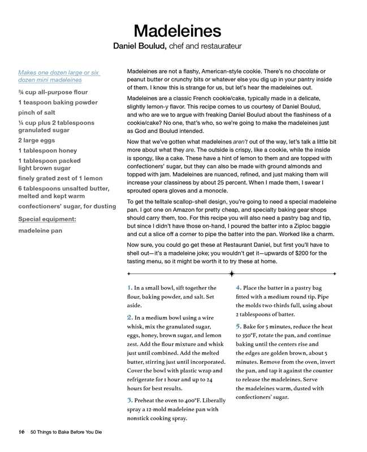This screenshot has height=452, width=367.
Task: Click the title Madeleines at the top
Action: (x=177, y=29)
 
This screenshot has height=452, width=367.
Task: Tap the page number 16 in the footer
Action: (x=21, y=432)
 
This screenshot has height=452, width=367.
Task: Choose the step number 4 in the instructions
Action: (x=239, y=288)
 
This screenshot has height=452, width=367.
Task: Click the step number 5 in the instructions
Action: (x=239, y=326)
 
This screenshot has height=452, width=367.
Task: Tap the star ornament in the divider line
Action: (x=231, y=273)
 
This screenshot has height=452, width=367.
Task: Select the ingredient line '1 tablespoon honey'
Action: (x=48, y=151)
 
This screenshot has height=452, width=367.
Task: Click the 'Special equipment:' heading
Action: (x=47, y=219)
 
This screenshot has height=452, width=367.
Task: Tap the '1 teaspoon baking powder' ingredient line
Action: (x=58, y=102)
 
